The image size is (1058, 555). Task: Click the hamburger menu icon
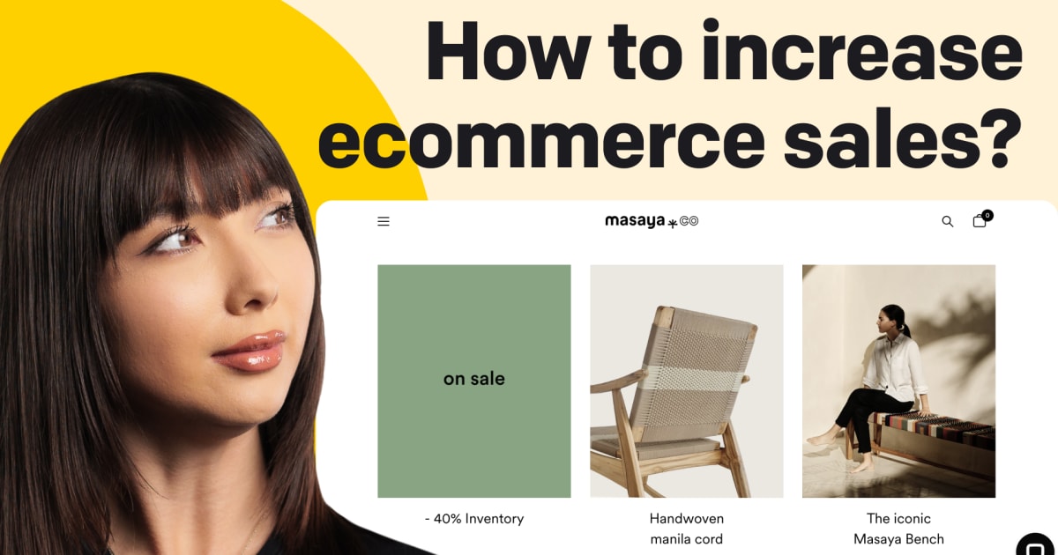[384, 222]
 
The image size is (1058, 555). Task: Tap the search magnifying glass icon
[948, 222]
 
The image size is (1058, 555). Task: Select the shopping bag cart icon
[980, 221]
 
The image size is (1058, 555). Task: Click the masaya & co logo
[651, 221]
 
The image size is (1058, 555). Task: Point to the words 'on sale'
[474, 379]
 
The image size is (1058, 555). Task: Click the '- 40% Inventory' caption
[474, 519]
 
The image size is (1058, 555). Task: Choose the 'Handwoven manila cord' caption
[686, 529]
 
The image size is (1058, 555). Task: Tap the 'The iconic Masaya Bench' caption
[898, 529]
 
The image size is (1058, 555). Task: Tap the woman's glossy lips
[250, 351]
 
